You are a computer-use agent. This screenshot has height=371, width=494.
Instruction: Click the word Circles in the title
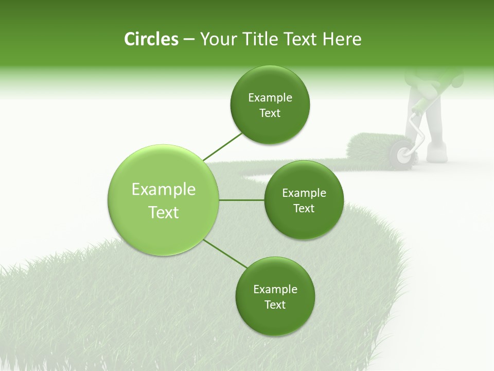151,39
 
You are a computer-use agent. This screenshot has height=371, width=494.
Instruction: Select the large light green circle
163,200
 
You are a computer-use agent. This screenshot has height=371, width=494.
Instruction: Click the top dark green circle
270,105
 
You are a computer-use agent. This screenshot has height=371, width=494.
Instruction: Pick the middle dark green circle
304,200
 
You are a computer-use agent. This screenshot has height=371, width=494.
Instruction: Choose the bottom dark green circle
275,296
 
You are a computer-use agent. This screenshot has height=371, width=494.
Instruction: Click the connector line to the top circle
222,146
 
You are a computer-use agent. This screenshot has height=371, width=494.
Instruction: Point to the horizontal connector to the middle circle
241,200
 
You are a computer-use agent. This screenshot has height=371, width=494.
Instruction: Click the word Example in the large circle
163,190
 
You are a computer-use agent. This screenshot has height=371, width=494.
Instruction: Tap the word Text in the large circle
163,212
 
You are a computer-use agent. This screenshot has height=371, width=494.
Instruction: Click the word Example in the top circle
270,98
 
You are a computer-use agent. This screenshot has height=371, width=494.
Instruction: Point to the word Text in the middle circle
304,208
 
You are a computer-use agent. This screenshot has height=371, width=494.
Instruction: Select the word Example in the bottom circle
275,289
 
